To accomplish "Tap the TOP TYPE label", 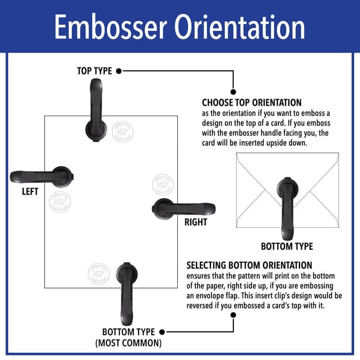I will point(95,71).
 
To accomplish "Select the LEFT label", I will point(30,191).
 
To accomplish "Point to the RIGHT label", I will point(196,222).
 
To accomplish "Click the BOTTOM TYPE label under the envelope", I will point(287,246).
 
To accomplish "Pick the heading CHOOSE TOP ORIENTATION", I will point(252,103).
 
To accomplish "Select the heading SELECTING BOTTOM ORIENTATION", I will point(249,265).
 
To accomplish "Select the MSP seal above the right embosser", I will point(162,184).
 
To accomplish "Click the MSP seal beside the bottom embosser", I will point(98,273).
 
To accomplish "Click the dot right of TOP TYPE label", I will point(119,71).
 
